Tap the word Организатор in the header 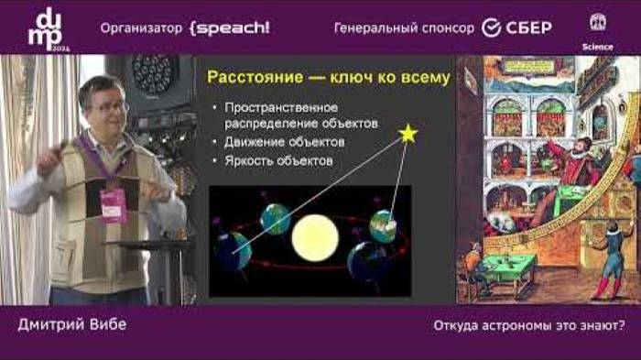[x=141, y=27]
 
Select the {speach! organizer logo [x=229, y=27]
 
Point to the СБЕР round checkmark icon [x=494, y=27]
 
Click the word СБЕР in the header [x=529, y=27]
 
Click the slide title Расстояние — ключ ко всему [x=328, y=78]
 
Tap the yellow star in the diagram [x=407, y=134]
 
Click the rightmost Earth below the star [x=383, y=225]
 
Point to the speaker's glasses [x=109, y=107]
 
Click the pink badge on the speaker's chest [x=113, y=205]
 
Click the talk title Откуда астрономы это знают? [x=528, y=325]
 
